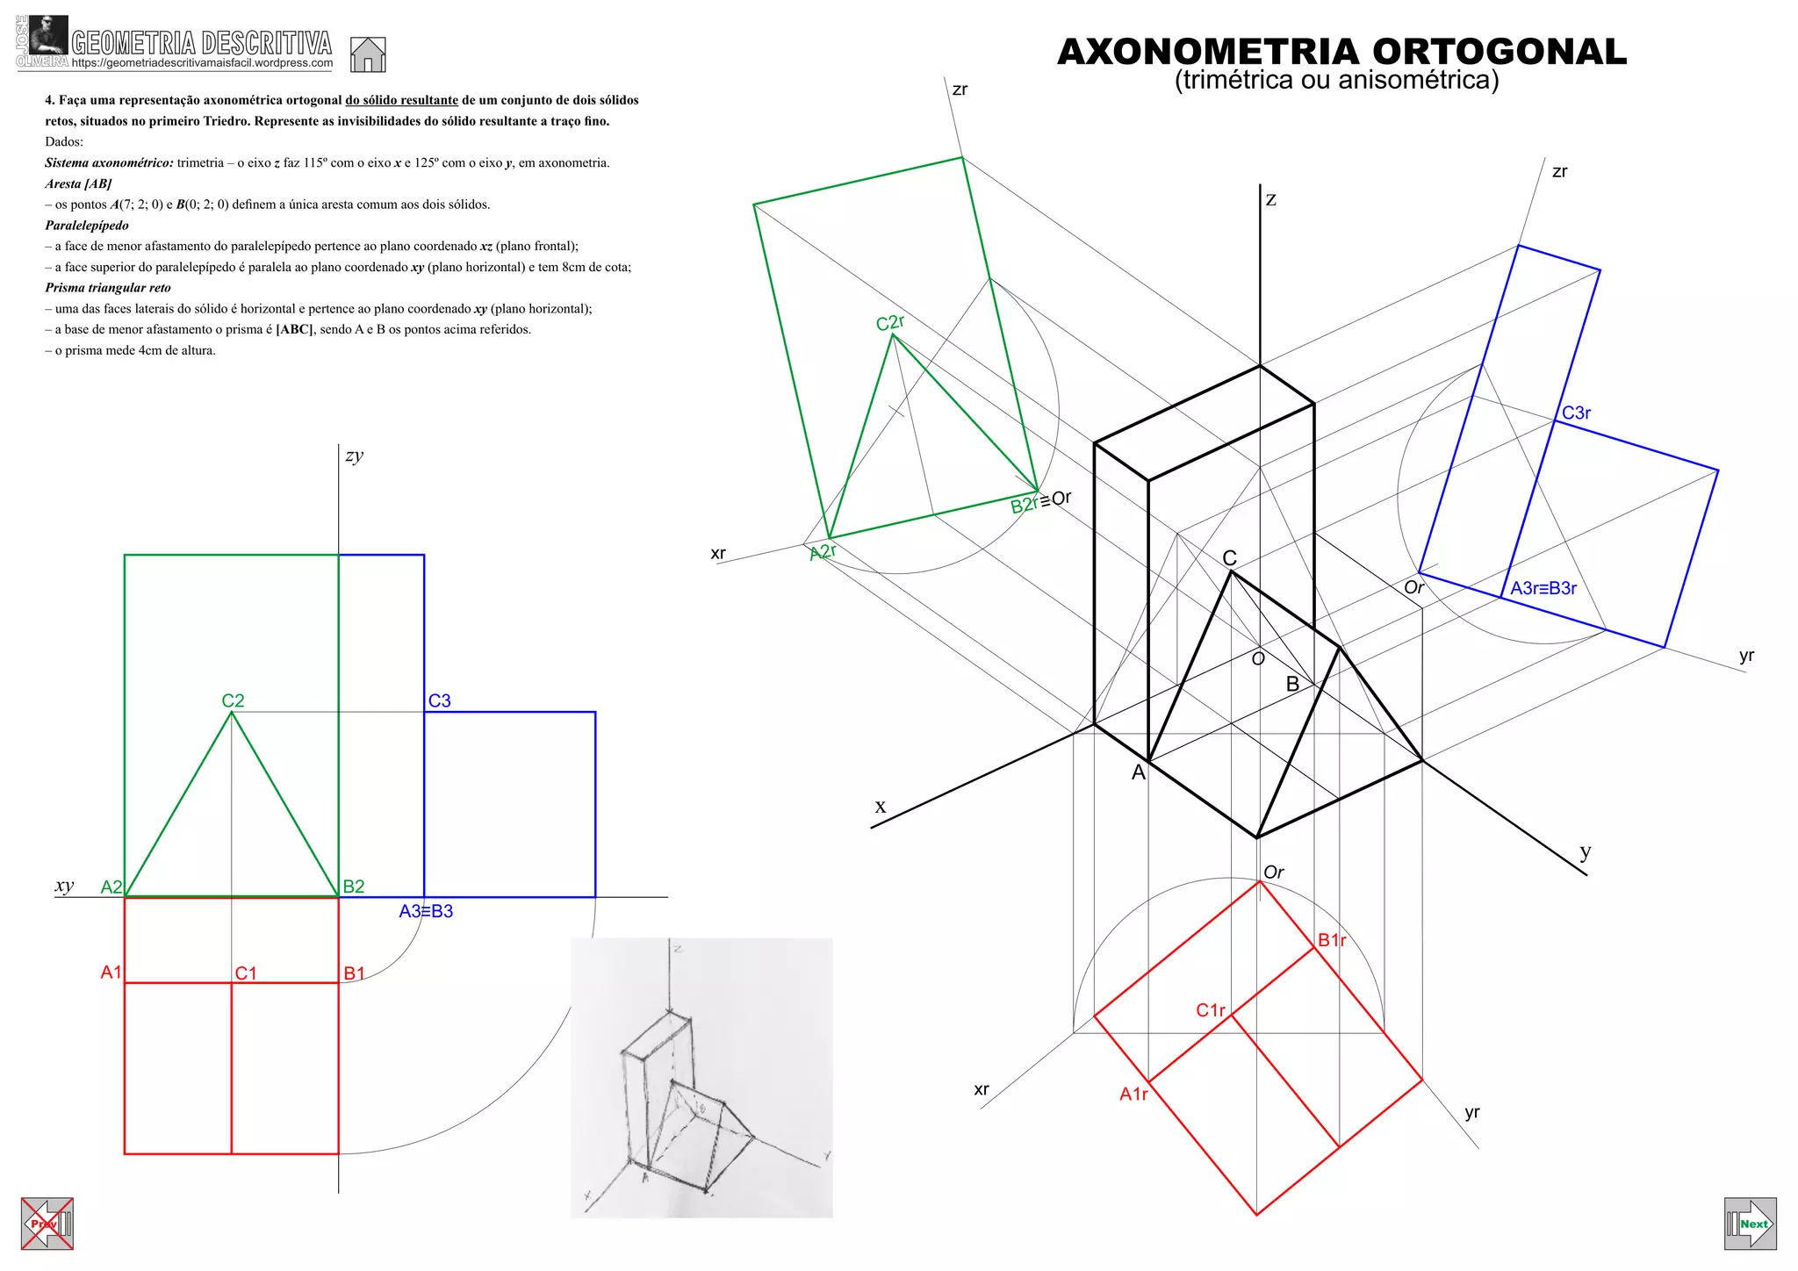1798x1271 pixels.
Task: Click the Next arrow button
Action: tap(1750, 1224)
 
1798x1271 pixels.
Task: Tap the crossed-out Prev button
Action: tap(47, 1224)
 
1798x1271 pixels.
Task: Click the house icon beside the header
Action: tap(368, 54)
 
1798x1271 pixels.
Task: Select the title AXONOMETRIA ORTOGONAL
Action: tap(1341, 52)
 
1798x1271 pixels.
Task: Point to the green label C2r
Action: tap(889, 323)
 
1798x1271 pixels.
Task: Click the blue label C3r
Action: tap(1576, 413)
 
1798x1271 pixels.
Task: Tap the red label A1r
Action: tap(1133, 1094)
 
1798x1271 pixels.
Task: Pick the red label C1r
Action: tap(1210, 1010)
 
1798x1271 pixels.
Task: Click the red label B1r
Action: tap(1331, 940)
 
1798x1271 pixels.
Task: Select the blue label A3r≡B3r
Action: tap(1543, 588)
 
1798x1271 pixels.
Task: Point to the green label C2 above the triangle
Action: tap(233, 700)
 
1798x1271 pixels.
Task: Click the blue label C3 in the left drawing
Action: tap(439, 700)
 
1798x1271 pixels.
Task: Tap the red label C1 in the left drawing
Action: tap(246, 973)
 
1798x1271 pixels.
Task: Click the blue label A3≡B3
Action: tap(426, 911)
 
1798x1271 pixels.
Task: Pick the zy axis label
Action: tap(354, 455)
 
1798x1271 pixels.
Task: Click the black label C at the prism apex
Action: tap(1229, 558)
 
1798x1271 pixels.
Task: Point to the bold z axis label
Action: tap(1270, 200)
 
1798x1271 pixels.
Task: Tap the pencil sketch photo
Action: tap(701, 1077)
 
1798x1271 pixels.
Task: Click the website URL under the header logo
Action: tap(202, 63)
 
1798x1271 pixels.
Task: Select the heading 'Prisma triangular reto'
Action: tap(108, 288)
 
